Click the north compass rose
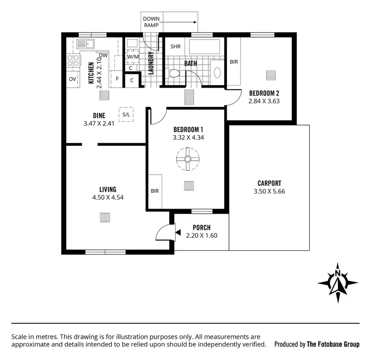[337, 282]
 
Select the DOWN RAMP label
[151, 21]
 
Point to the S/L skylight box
[126, 114]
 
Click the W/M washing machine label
[133, 57]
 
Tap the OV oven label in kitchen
[72, 79]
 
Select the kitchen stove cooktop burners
[73, 60]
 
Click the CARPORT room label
[269, 183]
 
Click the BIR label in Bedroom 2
[233, 62]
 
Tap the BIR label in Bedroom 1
[154, 190]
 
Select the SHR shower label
[175, 46]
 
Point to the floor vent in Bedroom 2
[270, 75]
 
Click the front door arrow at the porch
[177, 230]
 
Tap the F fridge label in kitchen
[117, 79]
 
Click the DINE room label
[99, 116]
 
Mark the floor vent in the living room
[105, 218]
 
